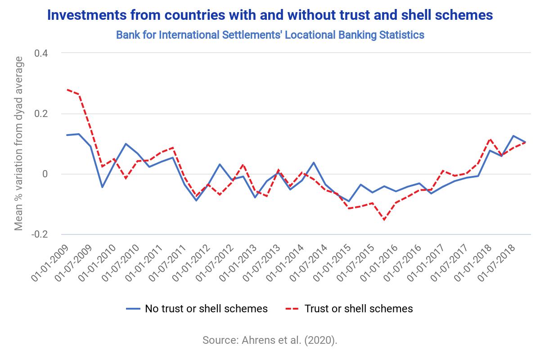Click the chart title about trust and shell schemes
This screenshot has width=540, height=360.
[x=270, y=15]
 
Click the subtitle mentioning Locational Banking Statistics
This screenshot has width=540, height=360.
[x=270, y=35]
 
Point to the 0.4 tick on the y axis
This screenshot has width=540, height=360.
[x=41, y=53]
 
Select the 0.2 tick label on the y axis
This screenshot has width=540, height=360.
[x=41, y=113]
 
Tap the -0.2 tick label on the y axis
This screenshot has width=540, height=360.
[x=40, y=234]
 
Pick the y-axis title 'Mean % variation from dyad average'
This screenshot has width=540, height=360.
[x=18, y=144]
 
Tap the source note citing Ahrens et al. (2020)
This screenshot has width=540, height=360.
[x=270, y=340]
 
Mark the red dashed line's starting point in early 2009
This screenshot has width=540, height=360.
[x=67, y=90]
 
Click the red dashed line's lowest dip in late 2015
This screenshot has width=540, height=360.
[x=384, y=220]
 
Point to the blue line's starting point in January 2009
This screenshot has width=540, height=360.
[x=67, y=135]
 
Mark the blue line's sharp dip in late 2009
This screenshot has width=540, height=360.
[x=102, y=187]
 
